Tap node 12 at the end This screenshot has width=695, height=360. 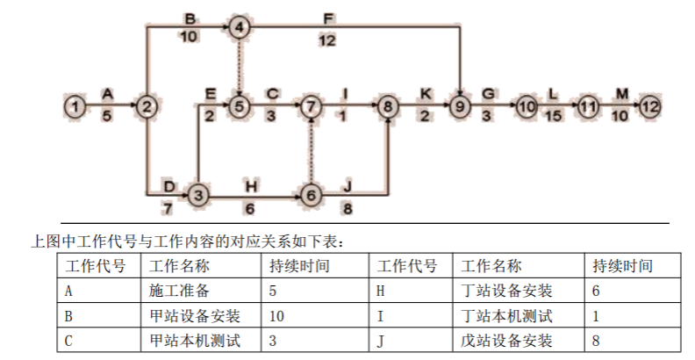tap(649, 106)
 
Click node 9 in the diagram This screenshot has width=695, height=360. tap(460, 106)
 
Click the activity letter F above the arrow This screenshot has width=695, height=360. tap(327, 18)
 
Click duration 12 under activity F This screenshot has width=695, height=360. tap(327, 40)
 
